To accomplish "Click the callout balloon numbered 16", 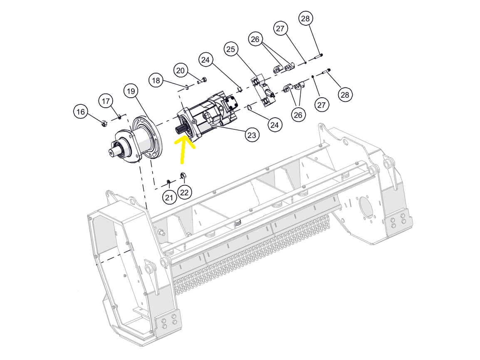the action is point(81,112).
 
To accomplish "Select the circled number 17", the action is point(106,101).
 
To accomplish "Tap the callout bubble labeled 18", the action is point(156,81).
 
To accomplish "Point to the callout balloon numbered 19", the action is point(131,91).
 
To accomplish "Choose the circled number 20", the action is point(180,71).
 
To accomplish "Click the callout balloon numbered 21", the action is point(169,197).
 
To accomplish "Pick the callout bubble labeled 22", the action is point(184,192).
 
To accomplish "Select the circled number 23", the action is point(252,135).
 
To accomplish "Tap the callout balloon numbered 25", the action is point(230,49).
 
